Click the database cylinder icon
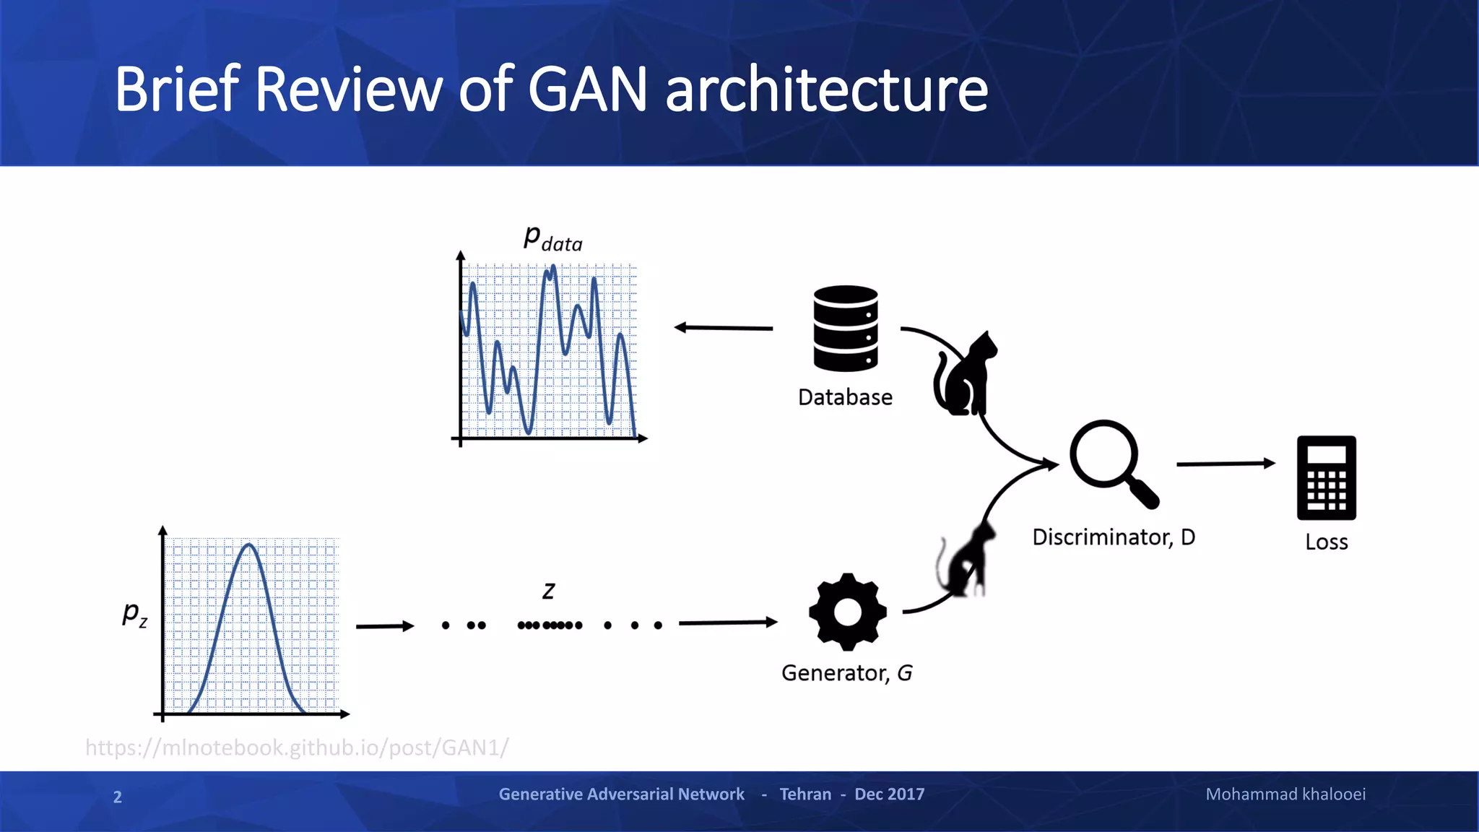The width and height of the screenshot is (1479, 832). coord(845,329)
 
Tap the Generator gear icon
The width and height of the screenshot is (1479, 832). coord(847,612)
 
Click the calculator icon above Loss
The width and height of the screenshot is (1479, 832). coord(1326,477)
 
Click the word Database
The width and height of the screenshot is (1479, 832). coord(845,397)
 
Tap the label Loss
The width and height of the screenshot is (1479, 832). coord(1326,542)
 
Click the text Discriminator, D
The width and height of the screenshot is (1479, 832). coord(1113,537)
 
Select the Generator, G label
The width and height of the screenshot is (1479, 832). coord(846,673)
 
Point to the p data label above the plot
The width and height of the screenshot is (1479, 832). coord(552,238)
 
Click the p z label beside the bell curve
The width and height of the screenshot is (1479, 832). coord(135,614)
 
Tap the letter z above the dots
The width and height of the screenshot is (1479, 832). coord(549,591)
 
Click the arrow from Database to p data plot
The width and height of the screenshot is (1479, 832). coord(723,328)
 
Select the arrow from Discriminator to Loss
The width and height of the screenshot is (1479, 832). coord(1226,464)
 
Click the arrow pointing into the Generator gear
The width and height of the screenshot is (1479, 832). coord(727,622)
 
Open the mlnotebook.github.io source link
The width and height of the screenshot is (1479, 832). coord(297,747)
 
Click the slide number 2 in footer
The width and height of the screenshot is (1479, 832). coord(118,797)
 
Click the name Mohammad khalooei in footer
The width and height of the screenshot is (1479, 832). coord(1285,794)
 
